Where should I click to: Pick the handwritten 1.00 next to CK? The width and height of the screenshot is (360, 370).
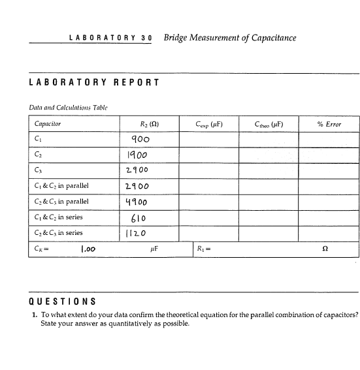tap(89, 249)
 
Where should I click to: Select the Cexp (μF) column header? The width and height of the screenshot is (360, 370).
tap(210, 123)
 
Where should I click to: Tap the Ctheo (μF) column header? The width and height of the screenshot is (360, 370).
tap(269, 123)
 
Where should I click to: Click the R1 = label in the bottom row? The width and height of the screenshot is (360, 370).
tap(203, 249)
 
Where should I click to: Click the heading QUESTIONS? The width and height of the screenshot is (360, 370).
tap(63, 301)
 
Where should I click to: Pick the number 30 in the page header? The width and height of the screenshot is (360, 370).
tap(146, 38)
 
